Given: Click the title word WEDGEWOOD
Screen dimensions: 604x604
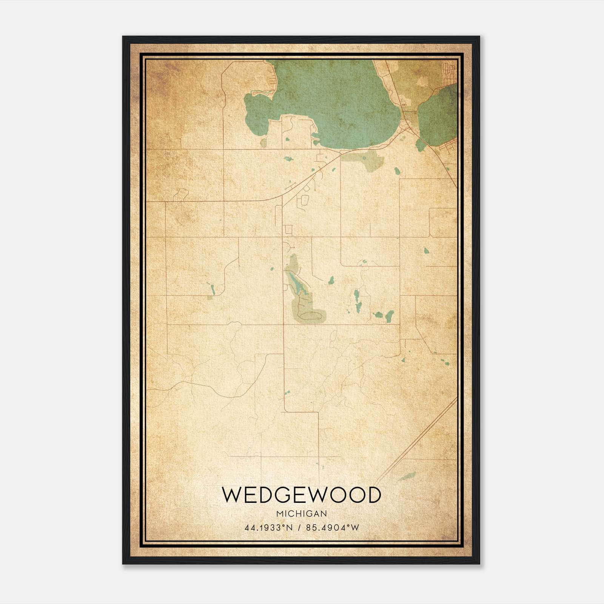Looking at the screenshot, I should tap(301, 495).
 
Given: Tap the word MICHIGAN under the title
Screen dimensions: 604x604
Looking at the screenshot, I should tap(301, 513).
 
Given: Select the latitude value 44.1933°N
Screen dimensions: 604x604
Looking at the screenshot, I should tap(268, 527).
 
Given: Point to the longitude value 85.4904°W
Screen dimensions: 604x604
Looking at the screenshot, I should tap(333, 527).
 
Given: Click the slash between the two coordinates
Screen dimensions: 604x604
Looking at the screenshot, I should tap(299, 527).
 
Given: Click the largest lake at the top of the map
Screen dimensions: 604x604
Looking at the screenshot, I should tap(332, 98).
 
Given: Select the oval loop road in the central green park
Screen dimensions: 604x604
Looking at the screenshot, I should tap(312, 316).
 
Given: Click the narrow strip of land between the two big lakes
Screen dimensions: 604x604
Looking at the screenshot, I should tap(406, 109).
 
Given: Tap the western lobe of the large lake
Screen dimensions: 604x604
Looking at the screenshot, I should tap(257, 109).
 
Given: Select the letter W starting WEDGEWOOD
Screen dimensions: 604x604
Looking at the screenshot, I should tap(231, 495).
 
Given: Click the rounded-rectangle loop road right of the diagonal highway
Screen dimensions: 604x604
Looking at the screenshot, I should tap(304, 202).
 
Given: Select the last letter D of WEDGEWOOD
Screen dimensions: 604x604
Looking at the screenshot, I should tap(373, 495).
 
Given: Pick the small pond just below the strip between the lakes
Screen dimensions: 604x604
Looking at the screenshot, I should tap(420, 144).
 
